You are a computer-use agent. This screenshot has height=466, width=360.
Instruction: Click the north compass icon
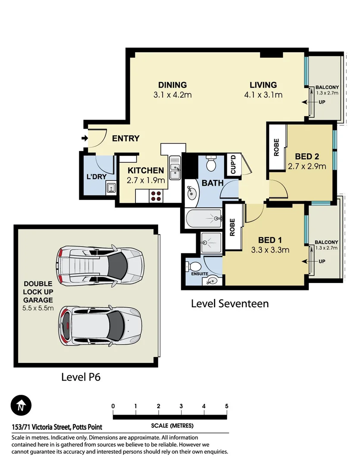(20, 406)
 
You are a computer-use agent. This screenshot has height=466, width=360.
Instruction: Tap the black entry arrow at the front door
(84, 139)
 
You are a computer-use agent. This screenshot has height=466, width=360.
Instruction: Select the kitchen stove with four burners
(156, 196)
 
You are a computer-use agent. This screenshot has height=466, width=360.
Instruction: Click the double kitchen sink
(175, 167)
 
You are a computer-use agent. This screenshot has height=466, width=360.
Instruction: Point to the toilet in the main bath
(211, 164)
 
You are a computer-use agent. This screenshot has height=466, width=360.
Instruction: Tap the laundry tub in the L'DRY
(110, 188)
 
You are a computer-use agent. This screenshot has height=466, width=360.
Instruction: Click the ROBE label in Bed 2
(276, 147)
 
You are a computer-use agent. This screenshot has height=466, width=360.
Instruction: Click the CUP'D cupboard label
(233, 164)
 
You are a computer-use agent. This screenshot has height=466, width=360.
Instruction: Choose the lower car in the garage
(99, 324)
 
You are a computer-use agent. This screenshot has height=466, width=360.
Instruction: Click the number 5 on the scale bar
(226, 406)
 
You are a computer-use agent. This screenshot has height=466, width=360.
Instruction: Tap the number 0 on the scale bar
(113, 406)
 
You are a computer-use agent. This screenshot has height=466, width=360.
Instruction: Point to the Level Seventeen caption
(229, 304)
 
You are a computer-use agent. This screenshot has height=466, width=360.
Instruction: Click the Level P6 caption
(81, 377)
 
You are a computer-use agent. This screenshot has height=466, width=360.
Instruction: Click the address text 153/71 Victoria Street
(57, 428)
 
